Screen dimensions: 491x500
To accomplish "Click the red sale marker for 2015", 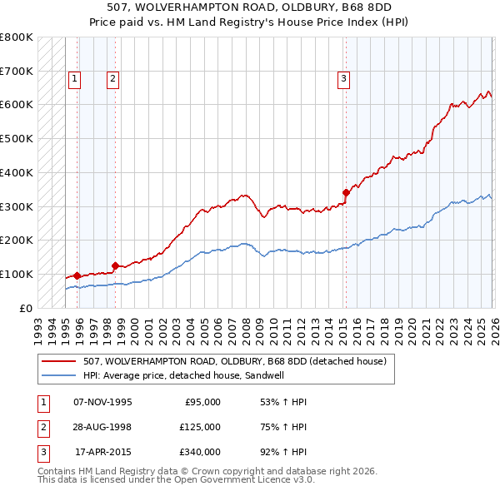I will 345,192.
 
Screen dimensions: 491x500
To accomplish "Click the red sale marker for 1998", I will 115,265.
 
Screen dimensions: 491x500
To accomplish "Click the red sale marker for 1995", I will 77,275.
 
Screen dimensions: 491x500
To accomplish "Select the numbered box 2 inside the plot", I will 112,79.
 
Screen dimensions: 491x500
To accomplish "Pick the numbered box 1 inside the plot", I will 74,79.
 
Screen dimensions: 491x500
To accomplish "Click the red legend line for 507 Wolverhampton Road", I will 58,362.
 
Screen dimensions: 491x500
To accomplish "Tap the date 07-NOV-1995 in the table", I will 102,402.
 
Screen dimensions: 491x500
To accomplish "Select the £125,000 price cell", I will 199,427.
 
